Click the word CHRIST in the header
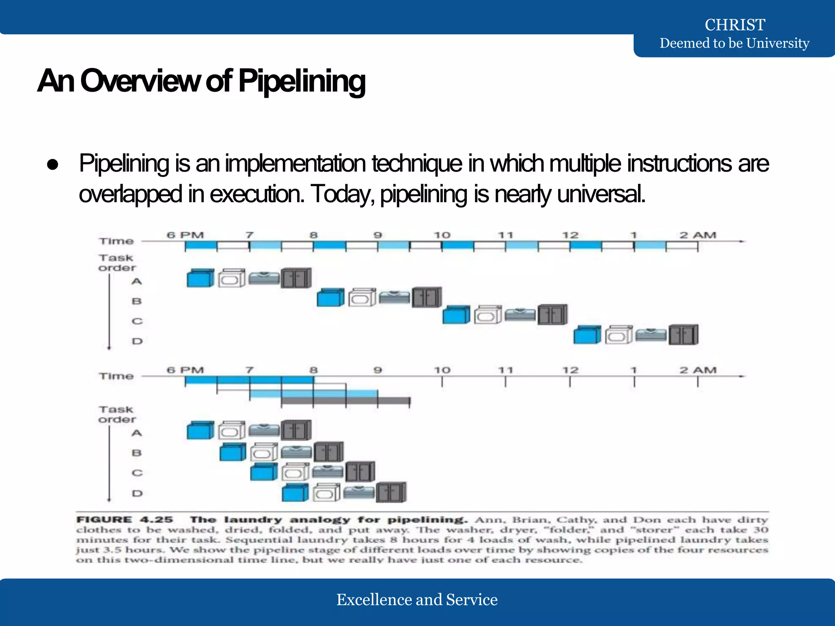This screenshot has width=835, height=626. point(735,25)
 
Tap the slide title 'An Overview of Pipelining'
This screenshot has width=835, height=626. point(201,81)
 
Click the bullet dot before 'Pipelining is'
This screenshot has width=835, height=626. point(53,165)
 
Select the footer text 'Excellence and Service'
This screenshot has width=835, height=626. point(417,600)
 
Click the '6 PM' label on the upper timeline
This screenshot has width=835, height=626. point(185,235)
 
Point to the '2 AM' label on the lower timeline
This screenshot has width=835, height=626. point(698,370)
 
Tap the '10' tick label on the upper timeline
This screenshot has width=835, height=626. point(442,235)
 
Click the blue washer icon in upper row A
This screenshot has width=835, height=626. point(200,278)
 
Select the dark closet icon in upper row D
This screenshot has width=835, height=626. point(683,335)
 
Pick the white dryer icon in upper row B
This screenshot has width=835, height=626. point(362,298)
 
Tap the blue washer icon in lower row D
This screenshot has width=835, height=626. point(295,492)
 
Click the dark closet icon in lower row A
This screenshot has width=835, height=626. point(296,430)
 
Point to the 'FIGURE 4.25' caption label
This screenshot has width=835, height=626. point(124,520)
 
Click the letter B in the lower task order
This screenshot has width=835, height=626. point(137,453)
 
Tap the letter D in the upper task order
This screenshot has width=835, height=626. point(137,341)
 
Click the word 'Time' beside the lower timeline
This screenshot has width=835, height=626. point(116,376)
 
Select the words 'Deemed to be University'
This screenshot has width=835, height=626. point(734,43)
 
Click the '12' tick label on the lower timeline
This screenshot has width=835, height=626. point(570,370)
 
